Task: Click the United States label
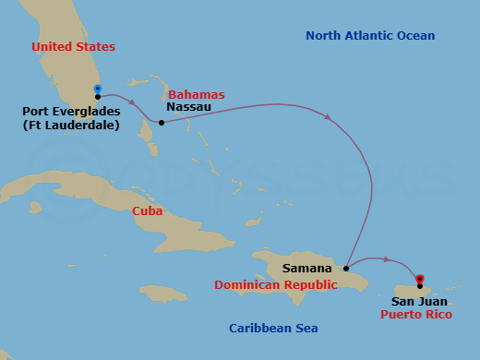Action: pyautogui.click(x=73, y=46)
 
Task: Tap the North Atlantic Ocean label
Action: pyautogui.click(x=369, y=36)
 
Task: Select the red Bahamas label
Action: pyautogui.click(x=196, y=94)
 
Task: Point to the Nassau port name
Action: pyautogui.click(x=188, y=107)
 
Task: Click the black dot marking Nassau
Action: pyautogui.click(x=162, y=122)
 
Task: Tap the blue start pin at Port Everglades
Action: pyautogui.click(x=97, y=90)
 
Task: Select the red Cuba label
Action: pyautogui.click(x=148, y=211)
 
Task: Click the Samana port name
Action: pyautogui.click(x=308, y=269)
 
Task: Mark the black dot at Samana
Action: pyautogui.click(x=346, y=269)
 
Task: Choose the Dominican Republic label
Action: pyautogui.click(x=275, y=285)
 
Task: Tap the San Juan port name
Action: pyautogui.click(x=420, y=301)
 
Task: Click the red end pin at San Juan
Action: pyautogui.click(x=420, y=278)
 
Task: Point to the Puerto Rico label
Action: pyautogui.click(x=414, y=314)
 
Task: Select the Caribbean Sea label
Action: pyautogui.click(x=274, y=329)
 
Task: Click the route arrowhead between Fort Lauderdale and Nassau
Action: pyautogui.click(x=132, y=102)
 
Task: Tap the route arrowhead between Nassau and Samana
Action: pyautogui.click(x=327, y=116)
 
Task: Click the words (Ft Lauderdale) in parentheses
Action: pyautogui.click(x=71, y=125)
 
